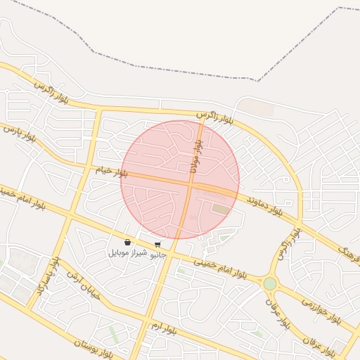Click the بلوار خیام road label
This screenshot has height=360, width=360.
pyautogui.click(x=112, y=171)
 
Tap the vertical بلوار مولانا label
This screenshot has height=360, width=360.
pyautogui.click(x=196, y=155)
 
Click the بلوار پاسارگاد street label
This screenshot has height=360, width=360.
pyautogui.click(x=45, y=281)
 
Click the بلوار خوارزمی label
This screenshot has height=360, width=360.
pyautogui.click(x=321, y=309)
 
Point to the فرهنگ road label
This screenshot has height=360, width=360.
pyautogui.click(x=349, y=255)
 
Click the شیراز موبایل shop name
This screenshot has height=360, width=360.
pyautogui.click(x=127, y=252)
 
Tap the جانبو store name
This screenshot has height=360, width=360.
pyautogui.click(x=157, y=255)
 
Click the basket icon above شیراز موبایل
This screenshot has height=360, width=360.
pyautogui.click(x=127, y=243)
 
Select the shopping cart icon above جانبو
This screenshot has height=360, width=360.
pyautogui.click(x=157, y=245)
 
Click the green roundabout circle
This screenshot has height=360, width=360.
pyautogui.click(x=270, y=283)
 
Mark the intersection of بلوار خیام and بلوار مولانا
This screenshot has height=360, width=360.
pyautogui.click(x=191, y=184)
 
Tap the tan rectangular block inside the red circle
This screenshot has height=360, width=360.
pyautogui.click(x=221, y=209)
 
